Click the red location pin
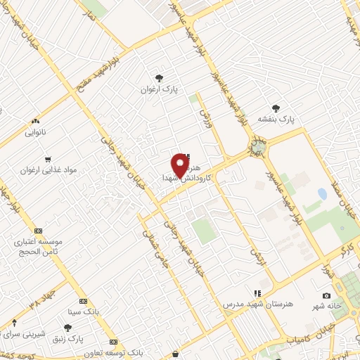coord(180,165)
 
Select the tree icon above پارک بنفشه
coord(276,108)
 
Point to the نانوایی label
coord(35,132)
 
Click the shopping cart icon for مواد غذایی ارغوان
coord(48,159)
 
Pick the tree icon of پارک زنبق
coord(67,328)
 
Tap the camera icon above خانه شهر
coord(326,296)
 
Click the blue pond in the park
coord(322,193)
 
